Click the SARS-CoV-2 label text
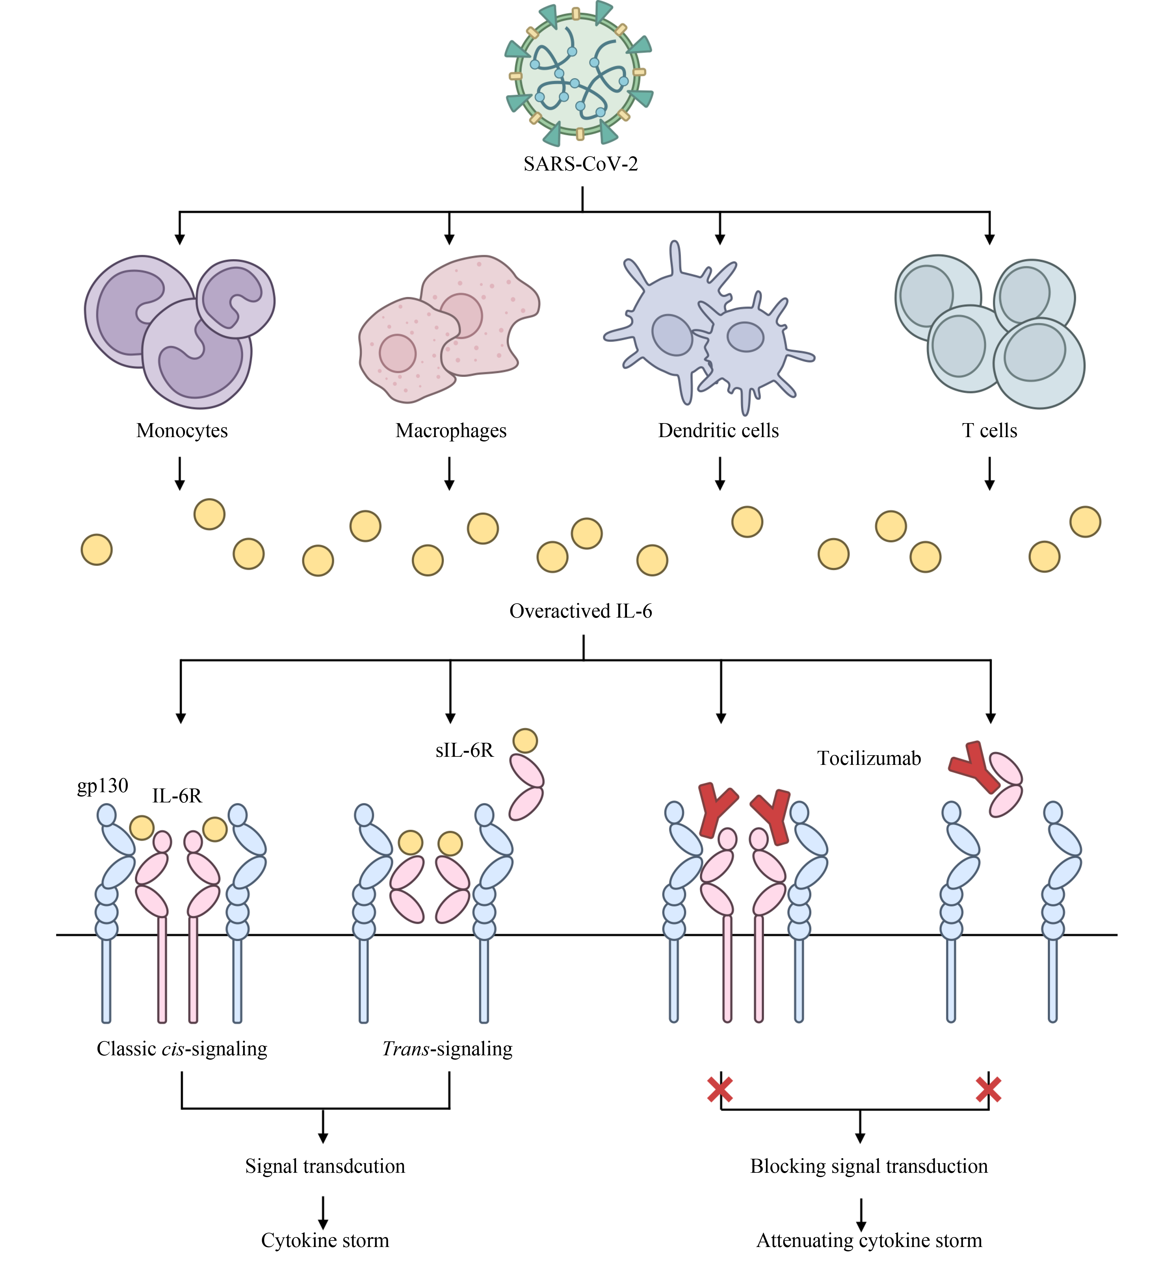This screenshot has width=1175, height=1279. pos(581,164)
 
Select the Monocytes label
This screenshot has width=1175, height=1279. pos(182,431)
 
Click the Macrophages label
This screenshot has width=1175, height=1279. pos(451,431)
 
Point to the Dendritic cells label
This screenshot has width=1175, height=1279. pos(718,431)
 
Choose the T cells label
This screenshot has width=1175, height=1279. pos(989,431)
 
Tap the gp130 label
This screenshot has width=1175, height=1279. pos(102,787)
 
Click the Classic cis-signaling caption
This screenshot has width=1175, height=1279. pos(182,1048)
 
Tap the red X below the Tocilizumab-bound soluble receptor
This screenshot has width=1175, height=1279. pos(989,1090)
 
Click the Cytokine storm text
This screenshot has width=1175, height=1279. pos(325,1240)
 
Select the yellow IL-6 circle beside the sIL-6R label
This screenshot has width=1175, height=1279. pos(525,741)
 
